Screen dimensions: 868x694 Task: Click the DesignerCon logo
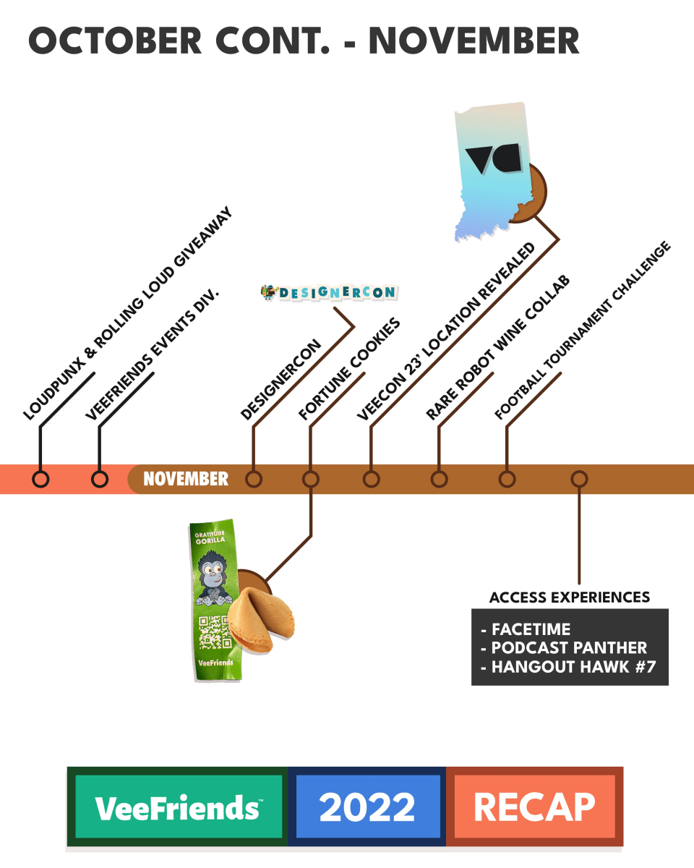click(x=329, y=292)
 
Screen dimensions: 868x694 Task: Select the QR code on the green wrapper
click(x=214, y=630)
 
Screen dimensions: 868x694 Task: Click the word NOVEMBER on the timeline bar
click(x=186, y=479)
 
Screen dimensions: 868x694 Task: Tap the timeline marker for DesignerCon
click(x=253, y=479)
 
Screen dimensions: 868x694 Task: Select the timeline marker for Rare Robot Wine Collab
click(x=439, y=479)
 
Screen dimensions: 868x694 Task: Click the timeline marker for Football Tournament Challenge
click(x=507, y=479)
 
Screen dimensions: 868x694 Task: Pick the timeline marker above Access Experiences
click(x=579, y=479)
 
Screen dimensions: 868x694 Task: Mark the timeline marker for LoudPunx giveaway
click(x=41, y=479)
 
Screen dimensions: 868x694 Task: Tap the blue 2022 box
click(x=367, y=807)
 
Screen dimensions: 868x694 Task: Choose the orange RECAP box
click(x=534, y=807)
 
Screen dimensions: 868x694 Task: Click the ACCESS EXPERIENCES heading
click(x=570, y=597)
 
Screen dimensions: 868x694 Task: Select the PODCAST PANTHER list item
click(x=569, y=647)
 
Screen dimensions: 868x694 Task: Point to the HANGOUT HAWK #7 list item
click(x=573, y=667)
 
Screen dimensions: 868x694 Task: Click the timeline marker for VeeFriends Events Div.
click(x=100, y=479)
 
